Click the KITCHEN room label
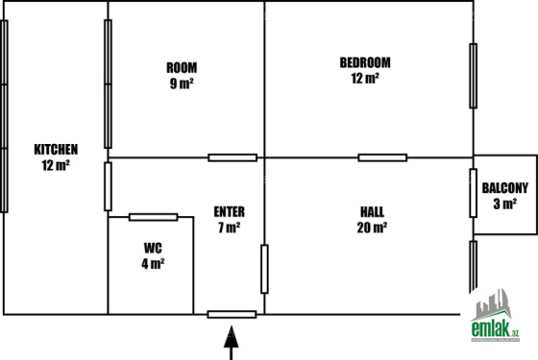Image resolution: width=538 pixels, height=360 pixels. pos(56,150)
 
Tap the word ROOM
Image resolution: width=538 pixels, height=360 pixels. pos(182,67)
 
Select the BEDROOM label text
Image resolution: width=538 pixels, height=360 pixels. pos(365,62)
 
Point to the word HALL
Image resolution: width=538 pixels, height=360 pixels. pos(373,212)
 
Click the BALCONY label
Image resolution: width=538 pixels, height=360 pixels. pos(505,188)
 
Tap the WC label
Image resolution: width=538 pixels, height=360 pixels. pos(153,248)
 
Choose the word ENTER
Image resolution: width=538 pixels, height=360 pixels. pos(230,212)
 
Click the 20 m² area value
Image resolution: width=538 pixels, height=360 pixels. pos(373,228)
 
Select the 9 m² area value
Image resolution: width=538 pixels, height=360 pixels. pos(182,84)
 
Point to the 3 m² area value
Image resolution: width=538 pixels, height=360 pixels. pos(505,204)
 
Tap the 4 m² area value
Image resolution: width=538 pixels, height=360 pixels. pos(153,264)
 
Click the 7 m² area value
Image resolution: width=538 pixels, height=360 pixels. pos(230,228)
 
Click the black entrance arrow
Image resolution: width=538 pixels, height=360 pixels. pos(232,343)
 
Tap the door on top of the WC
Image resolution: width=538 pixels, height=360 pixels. pos(154,217)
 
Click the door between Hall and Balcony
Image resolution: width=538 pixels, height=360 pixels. pos(474,193)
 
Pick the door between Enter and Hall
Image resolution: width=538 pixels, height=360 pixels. pos(264,269)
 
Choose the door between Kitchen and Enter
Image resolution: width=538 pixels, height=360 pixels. pos(108,186)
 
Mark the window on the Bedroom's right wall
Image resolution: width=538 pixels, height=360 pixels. pos(474,76)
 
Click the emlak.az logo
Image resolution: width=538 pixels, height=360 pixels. pos(495,316)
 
